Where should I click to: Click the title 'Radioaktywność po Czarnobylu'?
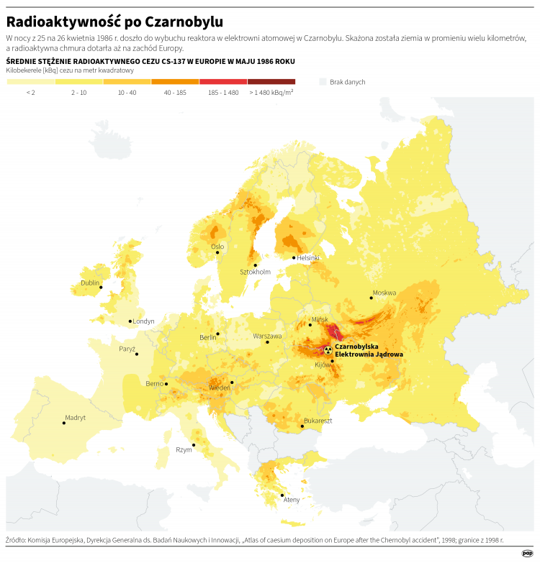(114, 21)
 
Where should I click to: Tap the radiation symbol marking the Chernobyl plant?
(328, 350)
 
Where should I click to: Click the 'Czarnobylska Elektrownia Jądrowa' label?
(369, 350)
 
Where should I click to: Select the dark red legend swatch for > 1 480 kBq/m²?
(271, 82)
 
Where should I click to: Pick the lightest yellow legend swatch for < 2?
(30, 82)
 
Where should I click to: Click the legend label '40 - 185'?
(175, 93)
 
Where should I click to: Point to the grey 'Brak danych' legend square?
(323, 82)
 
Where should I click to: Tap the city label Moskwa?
(384, 293)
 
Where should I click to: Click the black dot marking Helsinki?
(294, 257)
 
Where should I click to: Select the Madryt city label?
(76, 417)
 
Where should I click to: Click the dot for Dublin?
(101, 288)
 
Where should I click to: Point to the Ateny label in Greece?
(292, 499)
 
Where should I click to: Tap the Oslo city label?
(217, 246)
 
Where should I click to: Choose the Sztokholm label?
(255, 272)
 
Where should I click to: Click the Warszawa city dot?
(267, 342)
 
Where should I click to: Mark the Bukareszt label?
(318, 420)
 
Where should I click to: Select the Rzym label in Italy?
(184, 449)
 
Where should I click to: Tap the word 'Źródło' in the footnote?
(15, 539)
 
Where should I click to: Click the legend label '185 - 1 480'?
(222, 93)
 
